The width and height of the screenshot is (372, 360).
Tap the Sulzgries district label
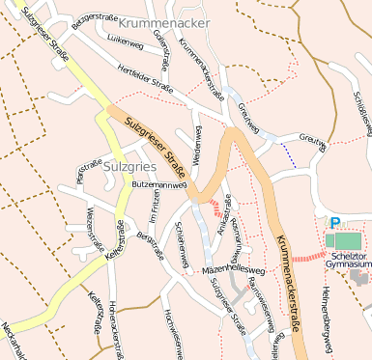pos(126,165)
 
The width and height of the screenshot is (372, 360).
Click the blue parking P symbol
pos(335,222)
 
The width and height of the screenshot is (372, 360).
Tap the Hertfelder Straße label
pos(145,85)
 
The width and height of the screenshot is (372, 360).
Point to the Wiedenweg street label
pos(198,144)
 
